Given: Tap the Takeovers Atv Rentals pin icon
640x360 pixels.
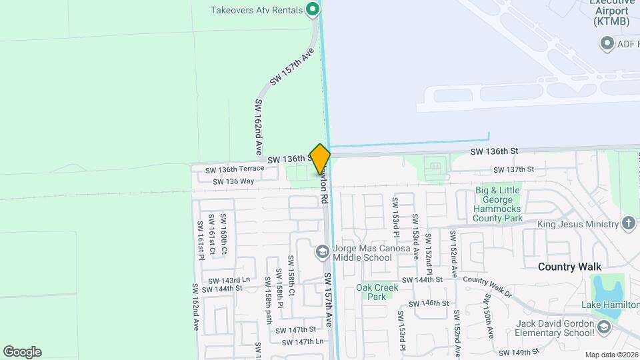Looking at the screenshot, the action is [312, 9].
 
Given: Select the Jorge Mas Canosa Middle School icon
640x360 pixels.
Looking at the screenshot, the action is [322, 251].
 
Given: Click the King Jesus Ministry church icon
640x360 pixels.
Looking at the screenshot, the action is [628, 223].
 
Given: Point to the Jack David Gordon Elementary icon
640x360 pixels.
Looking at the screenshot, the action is [603, 327].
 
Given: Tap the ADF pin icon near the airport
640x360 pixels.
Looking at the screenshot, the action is [607, 45].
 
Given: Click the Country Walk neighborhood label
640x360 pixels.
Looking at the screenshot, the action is [565, 267].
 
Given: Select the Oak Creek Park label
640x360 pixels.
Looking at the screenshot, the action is [377, 292].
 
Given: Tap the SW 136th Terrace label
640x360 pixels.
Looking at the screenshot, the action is [235, 169].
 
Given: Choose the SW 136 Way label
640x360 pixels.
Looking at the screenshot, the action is [233, 181].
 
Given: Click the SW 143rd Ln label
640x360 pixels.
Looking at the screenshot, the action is [229, 280].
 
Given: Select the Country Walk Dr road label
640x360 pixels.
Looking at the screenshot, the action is [487, 286].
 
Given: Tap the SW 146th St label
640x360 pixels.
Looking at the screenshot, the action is [428, 303].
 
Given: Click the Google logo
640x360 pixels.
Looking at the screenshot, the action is [22, 352].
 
